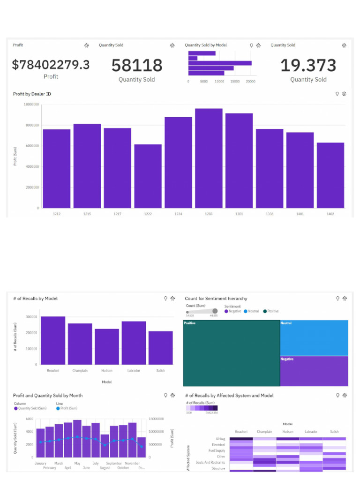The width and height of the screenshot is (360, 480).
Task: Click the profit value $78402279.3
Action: point(51,65)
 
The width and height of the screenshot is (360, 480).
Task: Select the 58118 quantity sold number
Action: point(137,66)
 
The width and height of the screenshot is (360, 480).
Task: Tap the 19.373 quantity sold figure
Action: point(308,66)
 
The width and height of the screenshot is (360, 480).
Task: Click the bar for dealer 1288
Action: point(209,158)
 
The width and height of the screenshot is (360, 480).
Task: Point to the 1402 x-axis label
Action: point(330,214)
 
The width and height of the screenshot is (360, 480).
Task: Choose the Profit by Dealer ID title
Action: point(32,94)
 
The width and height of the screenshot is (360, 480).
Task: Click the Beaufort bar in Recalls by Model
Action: point(53,340)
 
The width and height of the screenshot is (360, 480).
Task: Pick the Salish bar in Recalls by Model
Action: point(160,348)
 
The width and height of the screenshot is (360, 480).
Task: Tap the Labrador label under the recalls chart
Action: point(134,371)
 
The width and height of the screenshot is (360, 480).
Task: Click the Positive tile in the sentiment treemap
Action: point(231,352)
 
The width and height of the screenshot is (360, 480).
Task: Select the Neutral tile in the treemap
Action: point(314,337)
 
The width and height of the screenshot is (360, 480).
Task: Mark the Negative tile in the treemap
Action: point(314,371)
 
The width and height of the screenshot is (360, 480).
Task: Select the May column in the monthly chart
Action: point(77,438)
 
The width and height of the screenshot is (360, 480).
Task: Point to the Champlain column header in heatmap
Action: point(264,432)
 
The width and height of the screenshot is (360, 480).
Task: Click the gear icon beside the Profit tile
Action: point(86,45)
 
